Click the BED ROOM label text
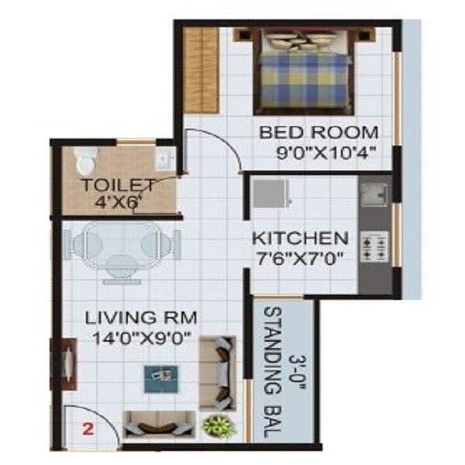coord(319,132)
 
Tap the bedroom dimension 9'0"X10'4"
coord(325,153)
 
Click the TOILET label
coord(119,185)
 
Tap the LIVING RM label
coord(141,317)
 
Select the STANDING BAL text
coord(274,373)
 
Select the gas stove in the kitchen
coord(375,246)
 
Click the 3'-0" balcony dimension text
coord(297,373)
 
